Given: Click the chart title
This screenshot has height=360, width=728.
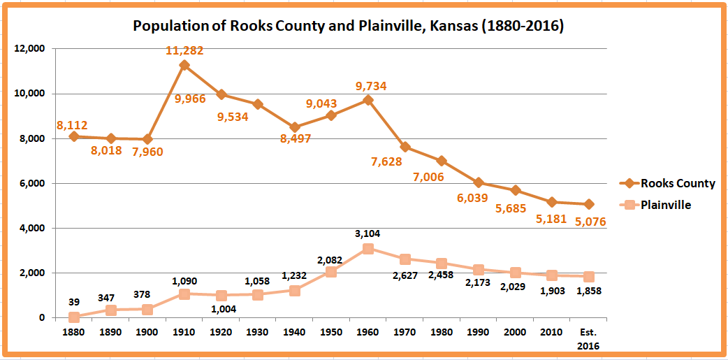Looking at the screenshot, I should pos(348,27).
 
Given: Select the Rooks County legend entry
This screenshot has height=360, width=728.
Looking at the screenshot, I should pos(667,184).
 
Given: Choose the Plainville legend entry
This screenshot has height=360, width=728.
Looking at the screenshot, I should pos(656,206).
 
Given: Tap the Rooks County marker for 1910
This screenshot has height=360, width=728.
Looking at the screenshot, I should pos(184,65).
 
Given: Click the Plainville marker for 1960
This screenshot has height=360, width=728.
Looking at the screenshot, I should pos(368,248).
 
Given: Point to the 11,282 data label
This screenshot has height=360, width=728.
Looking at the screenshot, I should pos(184,50).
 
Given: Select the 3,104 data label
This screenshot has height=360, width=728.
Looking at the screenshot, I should pos(367,233).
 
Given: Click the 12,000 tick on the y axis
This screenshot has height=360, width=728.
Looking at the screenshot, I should pos(30,49).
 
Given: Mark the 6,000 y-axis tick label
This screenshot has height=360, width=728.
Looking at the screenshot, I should pos(33,184).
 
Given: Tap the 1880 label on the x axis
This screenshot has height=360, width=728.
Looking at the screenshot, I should pos(74,332).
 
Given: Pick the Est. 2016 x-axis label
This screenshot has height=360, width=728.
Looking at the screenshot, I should pos(589,338).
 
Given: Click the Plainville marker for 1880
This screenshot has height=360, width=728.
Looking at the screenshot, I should pos(74,317).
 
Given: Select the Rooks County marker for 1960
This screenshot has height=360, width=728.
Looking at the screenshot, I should pos(368,100).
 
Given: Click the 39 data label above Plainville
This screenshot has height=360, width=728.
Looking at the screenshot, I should pos(73,302).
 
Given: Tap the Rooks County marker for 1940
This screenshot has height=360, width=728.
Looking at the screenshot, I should pos(295,127).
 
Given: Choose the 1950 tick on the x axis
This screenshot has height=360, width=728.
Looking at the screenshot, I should pos(331,332).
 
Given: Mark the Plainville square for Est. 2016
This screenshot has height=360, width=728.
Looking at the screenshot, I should pos(589,276).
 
